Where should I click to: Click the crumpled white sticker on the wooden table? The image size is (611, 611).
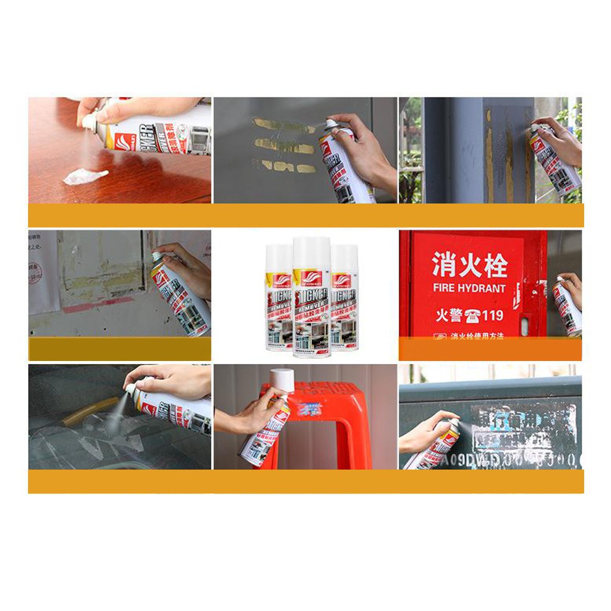[x=85, y=176]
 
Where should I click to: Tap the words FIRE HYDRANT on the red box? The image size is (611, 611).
[x=470, y=288]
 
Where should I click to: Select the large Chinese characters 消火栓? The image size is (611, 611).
[x=470, y=265]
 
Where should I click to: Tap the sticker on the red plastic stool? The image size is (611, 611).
[x=310, y=409]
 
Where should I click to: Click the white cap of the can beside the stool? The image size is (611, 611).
[x=282, y=379]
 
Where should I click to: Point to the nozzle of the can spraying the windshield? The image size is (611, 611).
[x=128, y=390]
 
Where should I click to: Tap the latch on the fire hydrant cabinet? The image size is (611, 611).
[x=524, y=325]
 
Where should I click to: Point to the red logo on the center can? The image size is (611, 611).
[x=311, y=277]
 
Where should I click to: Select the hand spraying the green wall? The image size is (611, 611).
[x=425, y=432]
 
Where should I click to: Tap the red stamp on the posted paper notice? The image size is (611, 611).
[x=35, y=272]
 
